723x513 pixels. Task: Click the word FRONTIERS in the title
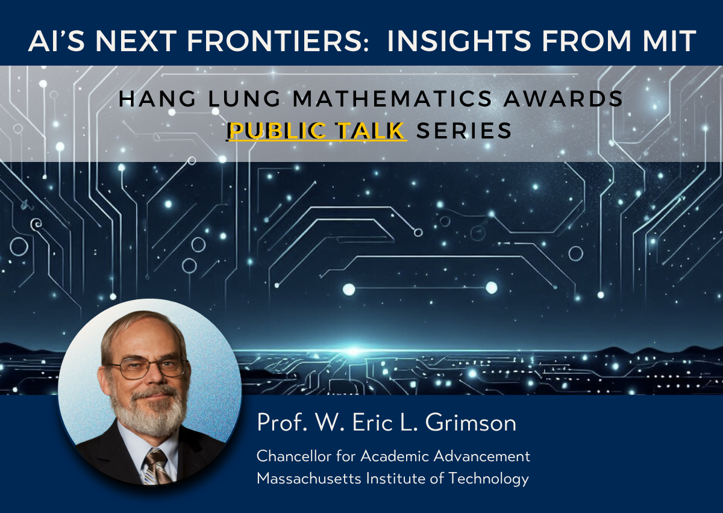coord(278,41)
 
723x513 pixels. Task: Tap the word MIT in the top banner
coord(669,41)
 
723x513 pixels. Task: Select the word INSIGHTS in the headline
coord(459,41)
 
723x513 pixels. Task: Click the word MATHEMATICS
coord(392,98)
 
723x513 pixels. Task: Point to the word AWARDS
coord(563,98)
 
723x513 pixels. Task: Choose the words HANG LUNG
coord(199,98)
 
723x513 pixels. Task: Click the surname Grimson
coord(471,422)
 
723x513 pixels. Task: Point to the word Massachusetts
coord(309,478)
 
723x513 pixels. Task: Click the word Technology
coord(489,479)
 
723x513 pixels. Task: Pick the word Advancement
coord(481,456)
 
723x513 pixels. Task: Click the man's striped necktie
coord(157,467)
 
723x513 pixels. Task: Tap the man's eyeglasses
coord(148,367)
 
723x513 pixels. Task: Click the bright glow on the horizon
coord(353,351)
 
